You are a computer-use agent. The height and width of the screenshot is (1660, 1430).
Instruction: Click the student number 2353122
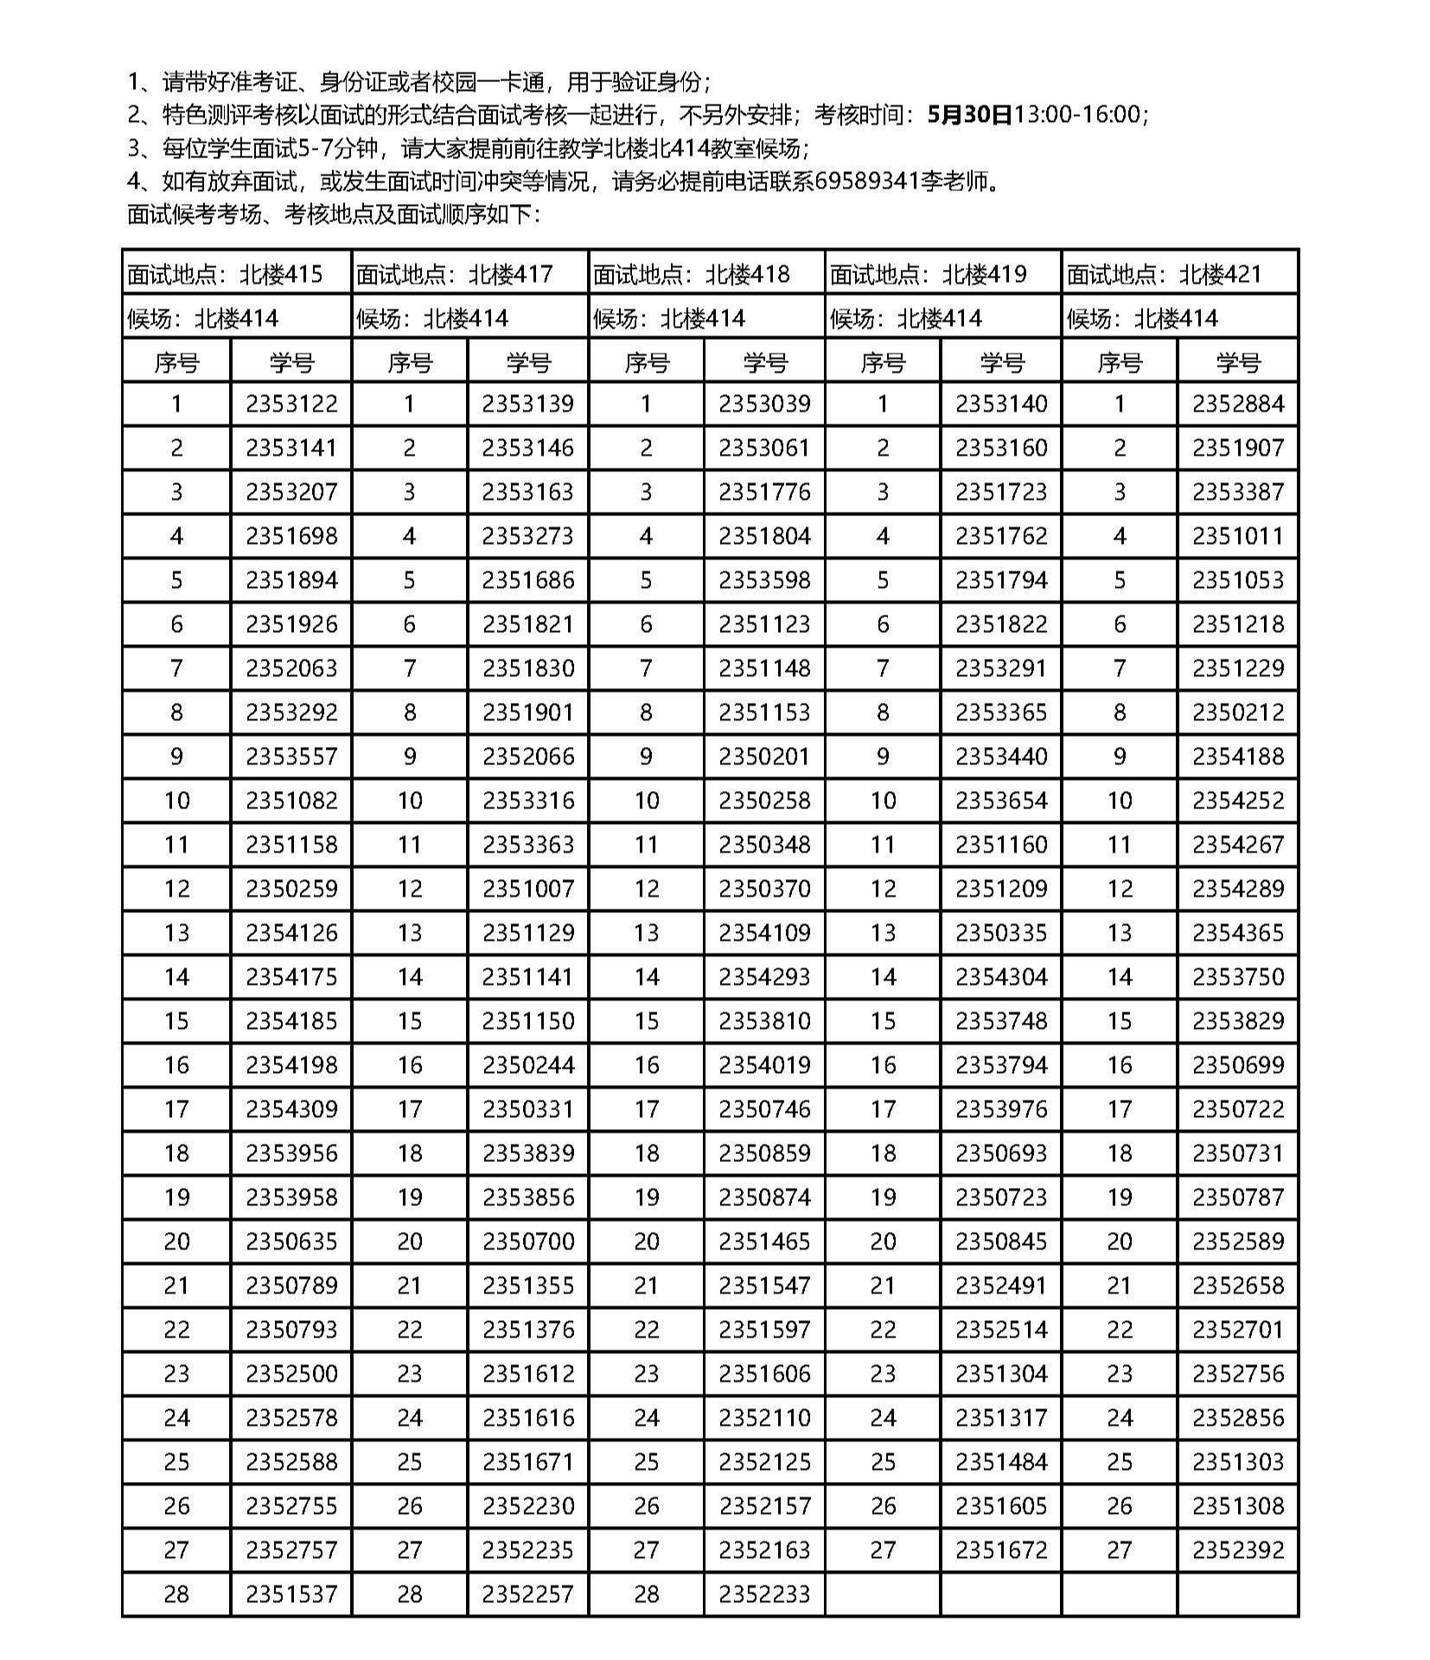pos(291,404)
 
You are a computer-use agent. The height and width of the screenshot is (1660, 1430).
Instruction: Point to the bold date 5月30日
pos(968,114)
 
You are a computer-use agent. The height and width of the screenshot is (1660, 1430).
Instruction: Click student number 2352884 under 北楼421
pos(1238,404)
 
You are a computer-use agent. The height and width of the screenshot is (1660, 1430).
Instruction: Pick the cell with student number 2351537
pos(291,1593)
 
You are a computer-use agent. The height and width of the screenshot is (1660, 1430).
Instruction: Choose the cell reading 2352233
pos(764,1593)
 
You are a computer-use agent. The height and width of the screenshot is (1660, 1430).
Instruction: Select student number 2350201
pos(764,757)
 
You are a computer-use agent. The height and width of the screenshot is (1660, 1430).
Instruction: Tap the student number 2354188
pos(1238,757)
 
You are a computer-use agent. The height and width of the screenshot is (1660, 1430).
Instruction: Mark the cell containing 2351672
pos(1001,1549)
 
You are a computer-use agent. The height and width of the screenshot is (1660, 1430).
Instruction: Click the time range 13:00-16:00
pos(1077,114)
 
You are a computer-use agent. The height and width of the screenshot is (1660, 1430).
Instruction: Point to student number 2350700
pos(528,1241)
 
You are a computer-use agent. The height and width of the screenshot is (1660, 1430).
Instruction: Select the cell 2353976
pos(1001,1108)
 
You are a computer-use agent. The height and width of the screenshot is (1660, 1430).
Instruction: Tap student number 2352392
pos(1238,1549)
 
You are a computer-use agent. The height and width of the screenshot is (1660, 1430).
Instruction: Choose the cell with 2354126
pos(291,932)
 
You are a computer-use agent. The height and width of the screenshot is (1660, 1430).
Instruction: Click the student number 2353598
pos(764,579)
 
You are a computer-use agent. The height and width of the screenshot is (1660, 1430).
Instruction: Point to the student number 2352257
pos(528,1593)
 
